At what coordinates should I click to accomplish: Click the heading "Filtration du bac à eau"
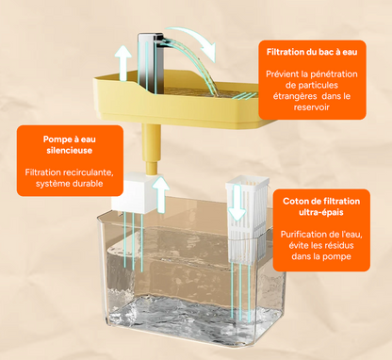(x=312, y=52)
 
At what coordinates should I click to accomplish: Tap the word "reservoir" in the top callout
(x=312, y=107)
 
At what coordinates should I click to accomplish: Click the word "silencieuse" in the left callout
(x=70, y=150)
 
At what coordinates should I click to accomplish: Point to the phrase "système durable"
(x=70, y=184)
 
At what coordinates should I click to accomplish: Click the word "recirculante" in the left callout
(x=89, y=172)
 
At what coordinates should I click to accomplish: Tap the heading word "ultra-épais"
(x=321, y=212)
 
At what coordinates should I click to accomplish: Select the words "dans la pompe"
(x=321, y=256)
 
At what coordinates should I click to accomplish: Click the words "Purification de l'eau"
(x=321, y=235)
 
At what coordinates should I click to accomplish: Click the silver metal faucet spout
(x=151, y=63)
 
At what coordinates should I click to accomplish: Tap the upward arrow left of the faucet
(x=122, y=63)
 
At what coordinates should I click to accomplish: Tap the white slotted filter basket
(x=247, y=220)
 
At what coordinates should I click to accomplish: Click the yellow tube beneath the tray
(x=152, y=149)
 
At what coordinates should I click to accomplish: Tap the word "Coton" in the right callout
(x=296, y=201)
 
